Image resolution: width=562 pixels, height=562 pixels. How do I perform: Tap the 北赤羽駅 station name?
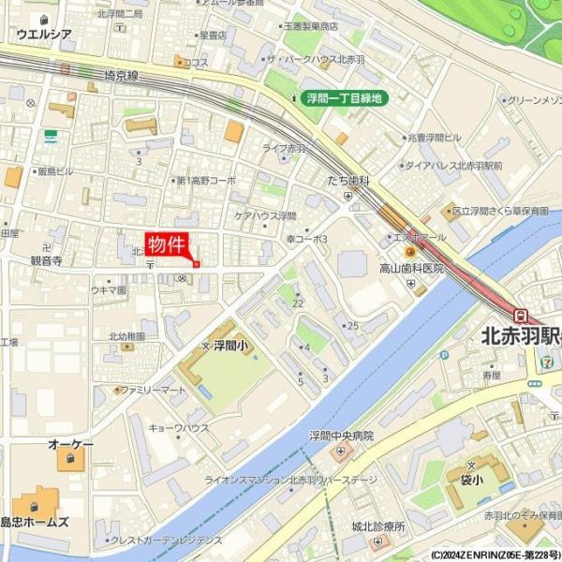point(520,335)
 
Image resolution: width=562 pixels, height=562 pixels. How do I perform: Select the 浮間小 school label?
point(229,346)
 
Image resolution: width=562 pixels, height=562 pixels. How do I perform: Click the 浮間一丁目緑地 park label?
point(343,96)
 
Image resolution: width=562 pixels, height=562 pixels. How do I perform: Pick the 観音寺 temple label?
point(46,261)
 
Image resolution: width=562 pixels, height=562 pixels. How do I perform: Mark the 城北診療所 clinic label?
point(376,526)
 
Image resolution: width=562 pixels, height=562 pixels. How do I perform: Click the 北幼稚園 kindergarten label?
point(126,336)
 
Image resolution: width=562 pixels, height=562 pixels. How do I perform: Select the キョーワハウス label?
point(179,428)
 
